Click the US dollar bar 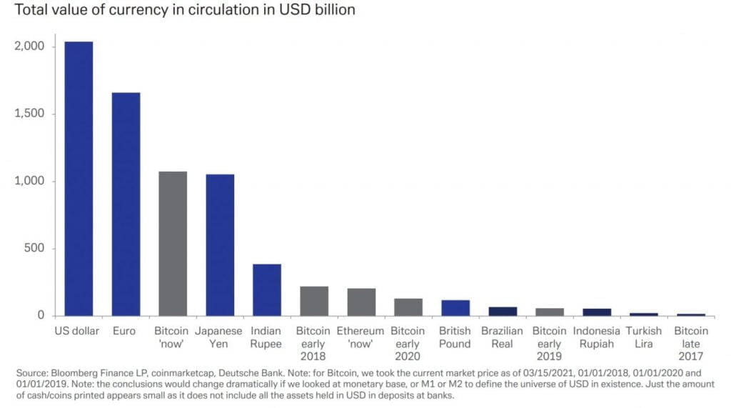coord(79,179)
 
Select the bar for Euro coord(126,204)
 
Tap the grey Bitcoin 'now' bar coord(173,243)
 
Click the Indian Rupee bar coord(267,289)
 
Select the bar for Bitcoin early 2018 coord(314,301)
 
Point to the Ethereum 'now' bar coord(361,302)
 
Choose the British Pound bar coord(455,307)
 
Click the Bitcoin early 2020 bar coord(408,307)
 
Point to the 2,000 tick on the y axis coord(29,46)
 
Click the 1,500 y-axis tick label coord(29,114)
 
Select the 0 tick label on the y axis coord(41,315)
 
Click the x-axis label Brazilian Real coord(502,337)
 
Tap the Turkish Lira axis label coord(643,337)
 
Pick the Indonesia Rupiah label coord(596,337)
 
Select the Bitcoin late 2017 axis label coord(690,343)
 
